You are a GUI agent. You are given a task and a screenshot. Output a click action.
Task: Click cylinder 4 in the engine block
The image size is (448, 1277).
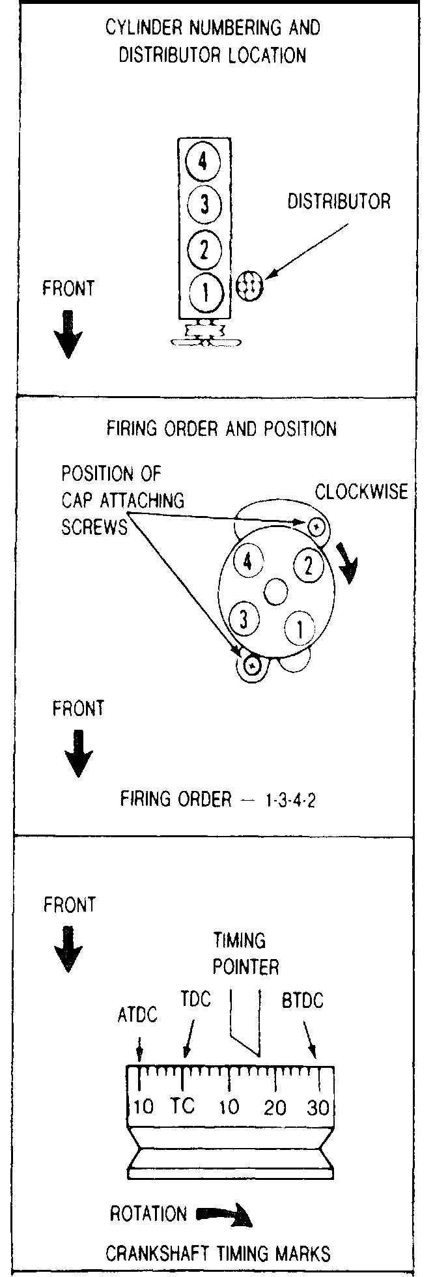[204, 161]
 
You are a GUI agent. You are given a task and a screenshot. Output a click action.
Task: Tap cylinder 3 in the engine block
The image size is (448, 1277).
[204, 205]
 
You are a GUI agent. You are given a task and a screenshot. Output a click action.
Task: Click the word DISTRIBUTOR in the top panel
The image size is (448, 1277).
[339, 201]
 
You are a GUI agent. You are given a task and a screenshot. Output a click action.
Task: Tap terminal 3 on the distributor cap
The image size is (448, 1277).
[244, 619]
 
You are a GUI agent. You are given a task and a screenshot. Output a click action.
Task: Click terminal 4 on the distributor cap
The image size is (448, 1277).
[248, 561]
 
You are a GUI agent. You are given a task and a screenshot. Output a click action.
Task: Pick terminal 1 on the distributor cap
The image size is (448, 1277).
[299, 629]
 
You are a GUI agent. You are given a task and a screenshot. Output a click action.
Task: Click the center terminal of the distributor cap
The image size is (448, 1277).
[276, 592]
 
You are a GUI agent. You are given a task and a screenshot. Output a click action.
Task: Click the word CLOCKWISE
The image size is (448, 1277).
[361, 492]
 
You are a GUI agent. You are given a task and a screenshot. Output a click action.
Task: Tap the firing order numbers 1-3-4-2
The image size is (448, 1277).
[290, 800]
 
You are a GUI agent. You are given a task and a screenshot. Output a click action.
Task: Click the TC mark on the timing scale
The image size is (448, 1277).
[183, 1106]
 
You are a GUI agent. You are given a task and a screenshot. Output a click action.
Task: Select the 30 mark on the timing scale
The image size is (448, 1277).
[318, 1108]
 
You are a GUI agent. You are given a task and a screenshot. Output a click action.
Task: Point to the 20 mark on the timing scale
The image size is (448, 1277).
[275, 1108]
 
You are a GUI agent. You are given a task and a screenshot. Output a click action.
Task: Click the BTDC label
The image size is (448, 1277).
[303, 1001]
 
